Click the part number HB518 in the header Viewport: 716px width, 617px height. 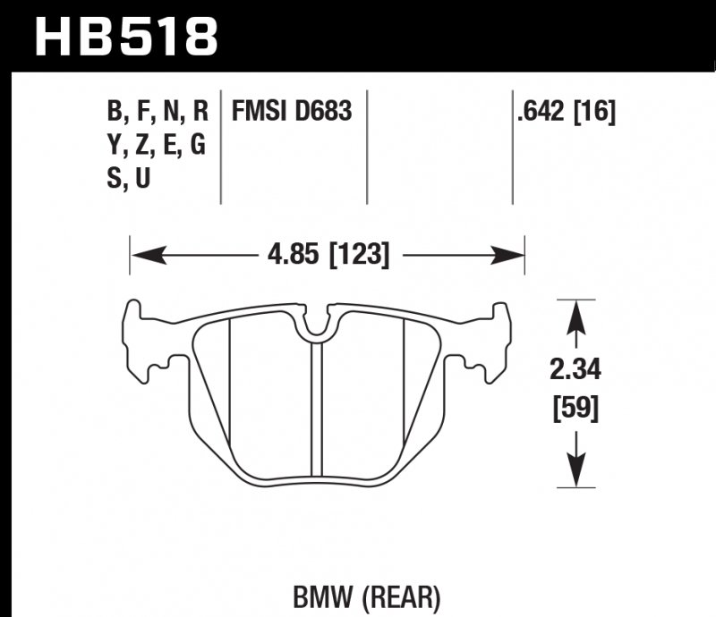125,36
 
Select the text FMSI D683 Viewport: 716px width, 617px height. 292,113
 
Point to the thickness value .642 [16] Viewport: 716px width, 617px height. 565,113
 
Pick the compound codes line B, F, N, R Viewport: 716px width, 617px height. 158,113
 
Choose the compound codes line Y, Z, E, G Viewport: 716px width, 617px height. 158,146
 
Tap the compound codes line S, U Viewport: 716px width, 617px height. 129,179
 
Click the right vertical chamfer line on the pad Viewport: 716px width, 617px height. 405,393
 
